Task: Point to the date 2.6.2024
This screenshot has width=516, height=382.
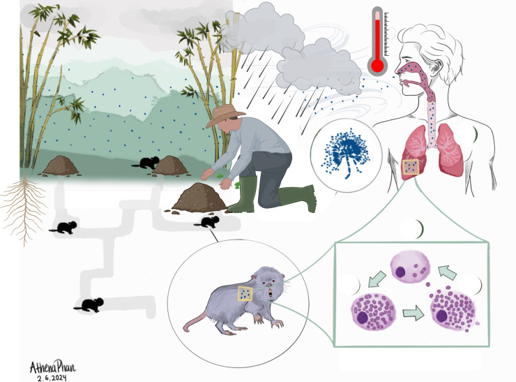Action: pyautogui.click(x=50, y=377)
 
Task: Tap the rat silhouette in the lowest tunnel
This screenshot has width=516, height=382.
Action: pyautogui.click(x=89, y=304)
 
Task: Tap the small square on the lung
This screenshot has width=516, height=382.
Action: pyautogui.click(x=411, y=166)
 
